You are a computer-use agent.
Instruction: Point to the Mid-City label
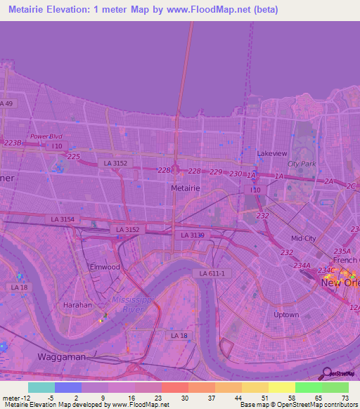coord(304,238)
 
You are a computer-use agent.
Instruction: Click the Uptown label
coord(286,315)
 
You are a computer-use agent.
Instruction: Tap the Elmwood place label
coord(105,267)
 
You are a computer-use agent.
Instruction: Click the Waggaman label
coord(62,357)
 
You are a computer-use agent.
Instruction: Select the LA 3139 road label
coord(192,235)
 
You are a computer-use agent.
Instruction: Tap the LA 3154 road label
coord(63,220)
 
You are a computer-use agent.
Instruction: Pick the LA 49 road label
coord(7,103)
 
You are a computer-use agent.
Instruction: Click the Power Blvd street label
coord(46,136)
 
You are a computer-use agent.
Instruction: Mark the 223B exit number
coord(13,143)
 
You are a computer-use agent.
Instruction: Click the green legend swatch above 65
coord(309,387)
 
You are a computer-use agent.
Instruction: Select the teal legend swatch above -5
coord(41,387)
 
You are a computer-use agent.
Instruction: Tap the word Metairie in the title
coord(31,10)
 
